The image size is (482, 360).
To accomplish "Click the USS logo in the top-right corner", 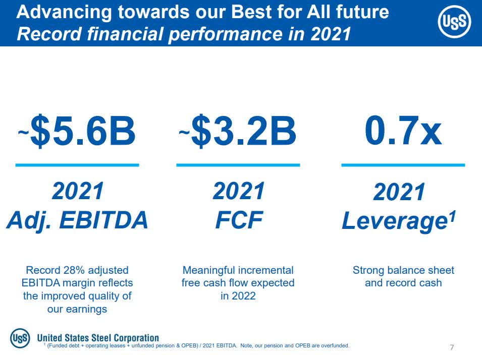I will (454, 24).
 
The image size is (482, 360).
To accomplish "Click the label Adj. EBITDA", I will (77, 220).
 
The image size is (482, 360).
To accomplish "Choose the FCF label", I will (238, 220).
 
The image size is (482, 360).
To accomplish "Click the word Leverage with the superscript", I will (399, 221).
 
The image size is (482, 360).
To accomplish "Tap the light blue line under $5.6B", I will (77, 165).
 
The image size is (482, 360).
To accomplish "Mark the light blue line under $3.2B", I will (238, 165).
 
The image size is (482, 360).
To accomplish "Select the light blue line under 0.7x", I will (403, 165).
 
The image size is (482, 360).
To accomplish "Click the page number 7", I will (452, 347).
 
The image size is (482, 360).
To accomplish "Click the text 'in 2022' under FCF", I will (238, 296).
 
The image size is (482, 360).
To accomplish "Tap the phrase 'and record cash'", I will (403, 283).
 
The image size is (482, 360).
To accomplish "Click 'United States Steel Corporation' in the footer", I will (98, 338).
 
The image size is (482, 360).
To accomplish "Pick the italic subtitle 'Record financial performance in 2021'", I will (184, 34).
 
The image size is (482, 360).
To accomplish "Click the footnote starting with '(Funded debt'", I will (197, 346).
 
